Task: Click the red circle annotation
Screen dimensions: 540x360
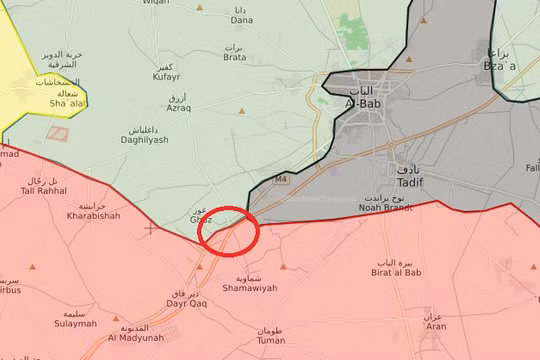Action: pyautogui.click(x=229, y=229)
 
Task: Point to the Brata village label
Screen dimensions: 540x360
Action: pyautogui.click(x=234, y=57)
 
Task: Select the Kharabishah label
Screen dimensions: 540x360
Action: pyautogui.click(x=93, y=215)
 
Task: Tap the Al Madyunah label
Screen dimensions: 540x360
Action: pyautogui.click(x=135, y=337)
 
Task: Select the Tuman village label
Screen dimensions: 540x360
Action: pyautogui.click(x=270, y=340)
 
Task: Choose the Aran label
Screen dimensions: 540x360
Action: pyautogui.click(x=435, y=326)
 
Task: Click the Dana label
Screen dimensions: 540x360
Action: pyautogui.click(x=242, y=19)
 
